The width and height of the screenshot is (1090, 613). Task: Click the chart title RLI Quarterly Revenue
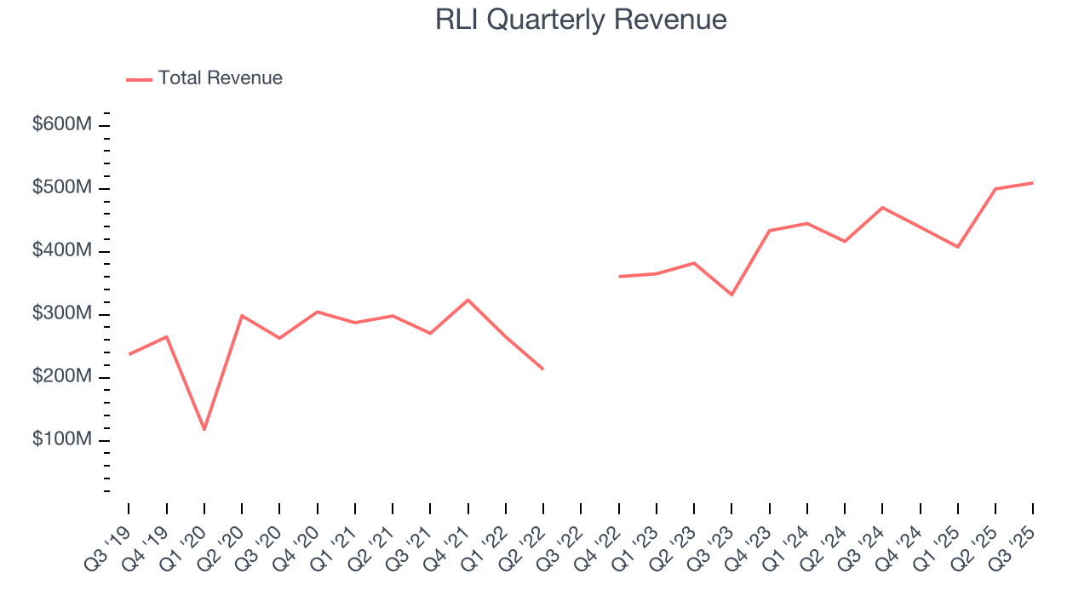[581, 20]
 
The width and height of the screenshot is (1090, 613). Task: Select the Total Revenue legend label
[220, 78]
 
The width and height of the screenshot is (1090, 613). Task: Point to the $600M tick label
[62, 125]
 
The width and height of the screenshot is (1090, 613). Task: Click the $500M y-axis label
[62, 188]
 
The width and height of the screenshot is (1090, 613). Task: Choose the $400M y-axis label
[62, 251]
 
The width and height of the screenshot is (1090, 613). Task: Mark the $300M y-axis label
[62, 314]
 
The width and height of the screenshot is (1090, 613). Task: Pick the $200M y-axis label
[62, 377]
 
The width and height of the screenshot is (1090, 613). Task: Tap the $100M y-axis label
[62, 440]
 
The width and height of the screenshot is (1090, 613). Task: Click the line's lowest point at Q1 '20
[204, 429]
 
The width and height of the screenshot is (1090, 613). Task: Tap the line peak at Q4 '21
[468, 300]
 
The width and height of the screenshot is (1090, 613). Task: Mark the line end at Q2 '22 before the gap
[543, 369]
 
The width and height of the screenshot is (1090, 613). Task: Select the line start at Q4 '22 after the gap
[619, 277]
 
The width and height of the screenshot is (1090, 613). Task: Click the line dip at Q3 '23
[731, 295]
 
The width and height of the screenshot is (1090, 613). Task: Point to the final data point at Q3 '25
[1032, 183]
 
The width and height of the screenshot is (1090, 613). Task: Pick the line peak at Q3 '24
[882, 207]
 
